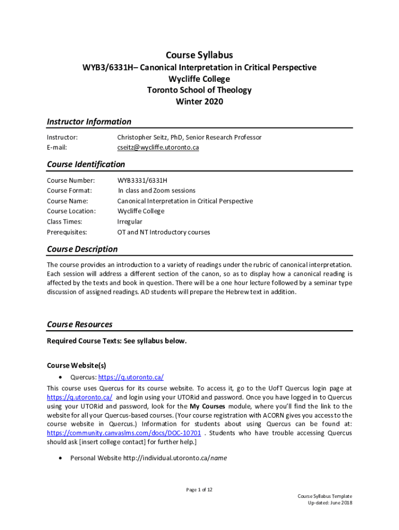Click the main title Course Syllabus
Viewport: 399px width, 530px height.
click(199, 55)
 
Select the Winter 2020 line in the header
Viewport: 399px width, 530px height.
click(199, 101)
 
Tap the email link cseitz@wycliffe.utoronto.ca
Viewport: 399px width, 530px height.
click(158, 148)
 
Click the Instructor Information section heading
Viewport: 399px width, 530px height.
click(89, 122)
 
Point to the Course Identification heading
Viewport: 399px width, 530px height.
click(85, 164)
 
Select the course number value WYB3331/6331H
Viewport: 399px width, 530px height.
click(142, 180)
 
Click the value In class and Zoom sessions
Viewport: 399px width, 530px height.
click(156, 190)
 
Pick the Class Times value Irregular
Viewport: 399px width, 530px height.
click(130, 222)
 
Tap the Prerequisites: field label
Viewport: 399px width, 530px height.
click(67, 232)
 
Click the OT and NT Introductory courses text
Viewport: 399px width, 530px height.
click(163, 232)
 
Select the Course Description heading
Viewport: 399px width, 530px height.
click(82, 249)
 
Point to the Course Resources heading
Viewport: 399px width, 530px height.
click(79, 325)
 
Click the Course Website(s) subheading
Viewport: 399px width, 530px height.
click(76, 365)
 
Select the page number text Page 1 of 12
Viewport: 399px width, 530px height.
click(199, 489)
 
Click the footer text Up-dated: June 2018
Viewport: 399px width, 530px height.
click(330, 503)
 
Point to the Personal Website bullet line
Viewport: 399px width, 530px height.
click(148, 458)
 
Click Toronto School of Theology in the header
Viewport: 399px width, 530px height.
click(199, 90)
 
